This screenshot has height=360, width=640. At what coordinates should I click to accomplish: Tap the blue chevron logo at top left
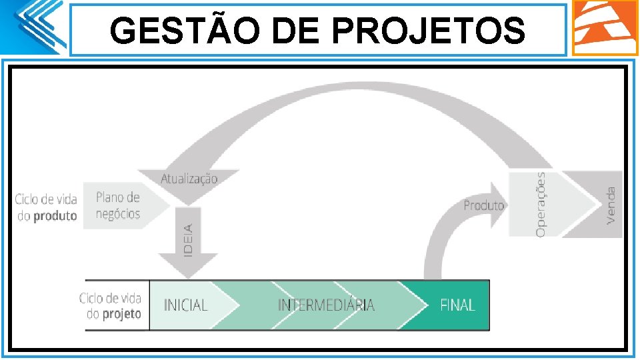pos(37,27)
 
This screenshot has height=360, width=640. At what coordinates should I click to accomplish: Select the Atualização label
pos(189,179)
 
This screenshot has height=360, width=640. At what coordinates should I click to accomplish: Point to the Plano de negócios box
pos(118,206)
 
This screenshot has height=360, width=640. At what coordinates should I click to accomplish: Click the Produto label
pos(484,205)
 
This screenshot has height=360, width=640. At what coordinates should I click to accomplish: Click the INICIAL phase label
pos(186,305)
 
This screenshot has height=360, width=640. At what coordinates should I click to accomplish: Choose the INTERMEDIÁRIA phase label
pos(326,305)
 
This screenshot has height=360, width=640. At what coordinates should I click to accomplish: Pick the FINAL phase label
pos(457,305)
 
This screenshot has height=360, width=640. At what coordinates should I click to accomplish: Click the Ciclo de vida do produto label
pos(46,207)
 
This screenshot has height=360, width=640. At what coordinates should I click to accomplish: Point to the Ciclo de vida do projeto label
pos(110,306)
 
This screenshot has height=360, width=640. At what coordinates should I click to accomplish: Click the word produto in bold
pos(55,216)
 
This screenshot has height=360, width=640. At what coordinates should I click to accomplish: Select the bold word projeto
pos(121,314)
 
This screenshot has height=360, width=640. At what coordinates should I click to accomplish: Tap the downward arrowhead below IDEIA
pos(189,267)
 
